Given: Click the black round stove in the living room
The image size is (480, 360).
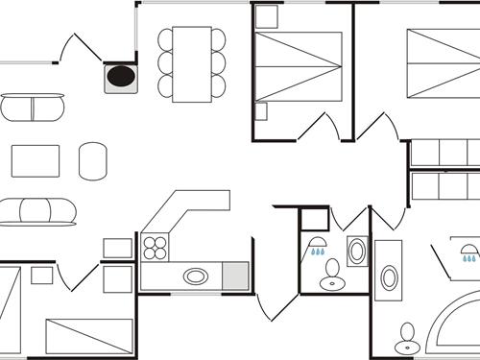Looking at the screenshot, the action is [x=121, y=76].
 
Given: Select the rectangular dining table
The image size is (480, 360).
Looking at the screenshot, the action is [x=192, y=62].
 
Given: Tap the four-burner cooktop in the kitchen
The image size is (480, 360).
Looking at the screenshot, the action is [x=156, y=248].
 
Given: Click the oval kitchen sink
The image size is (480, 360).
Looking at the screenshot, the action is [x=196, y=276].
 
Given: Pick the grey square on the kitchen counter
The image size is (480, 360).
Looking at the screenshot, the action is [x=235, y=276].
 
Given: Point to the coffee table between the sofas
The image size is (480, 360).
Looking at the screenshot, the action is [x=36, y=160].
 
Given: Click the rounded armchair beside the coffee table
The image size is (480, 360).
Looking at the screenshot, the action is [x=93, y=160].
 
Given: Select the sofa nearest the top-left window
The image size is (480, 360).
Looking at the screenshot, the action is [x=33, y=107].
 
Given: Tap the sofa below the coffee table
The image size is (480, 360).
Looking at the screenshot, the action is [x=36, y=211].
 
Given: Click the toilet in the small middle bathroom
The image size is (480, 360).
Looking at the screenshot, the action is [x=332, y=279].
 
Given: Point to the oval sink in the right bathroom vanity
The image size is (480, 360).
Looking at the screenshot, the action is [x=389, y=278].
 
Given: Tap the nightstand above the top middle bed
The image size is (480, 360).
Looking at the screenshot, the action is [x=267, y=16].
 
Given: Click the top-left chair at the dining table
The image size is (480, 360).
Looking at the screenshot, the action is [x=166, y=39].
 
